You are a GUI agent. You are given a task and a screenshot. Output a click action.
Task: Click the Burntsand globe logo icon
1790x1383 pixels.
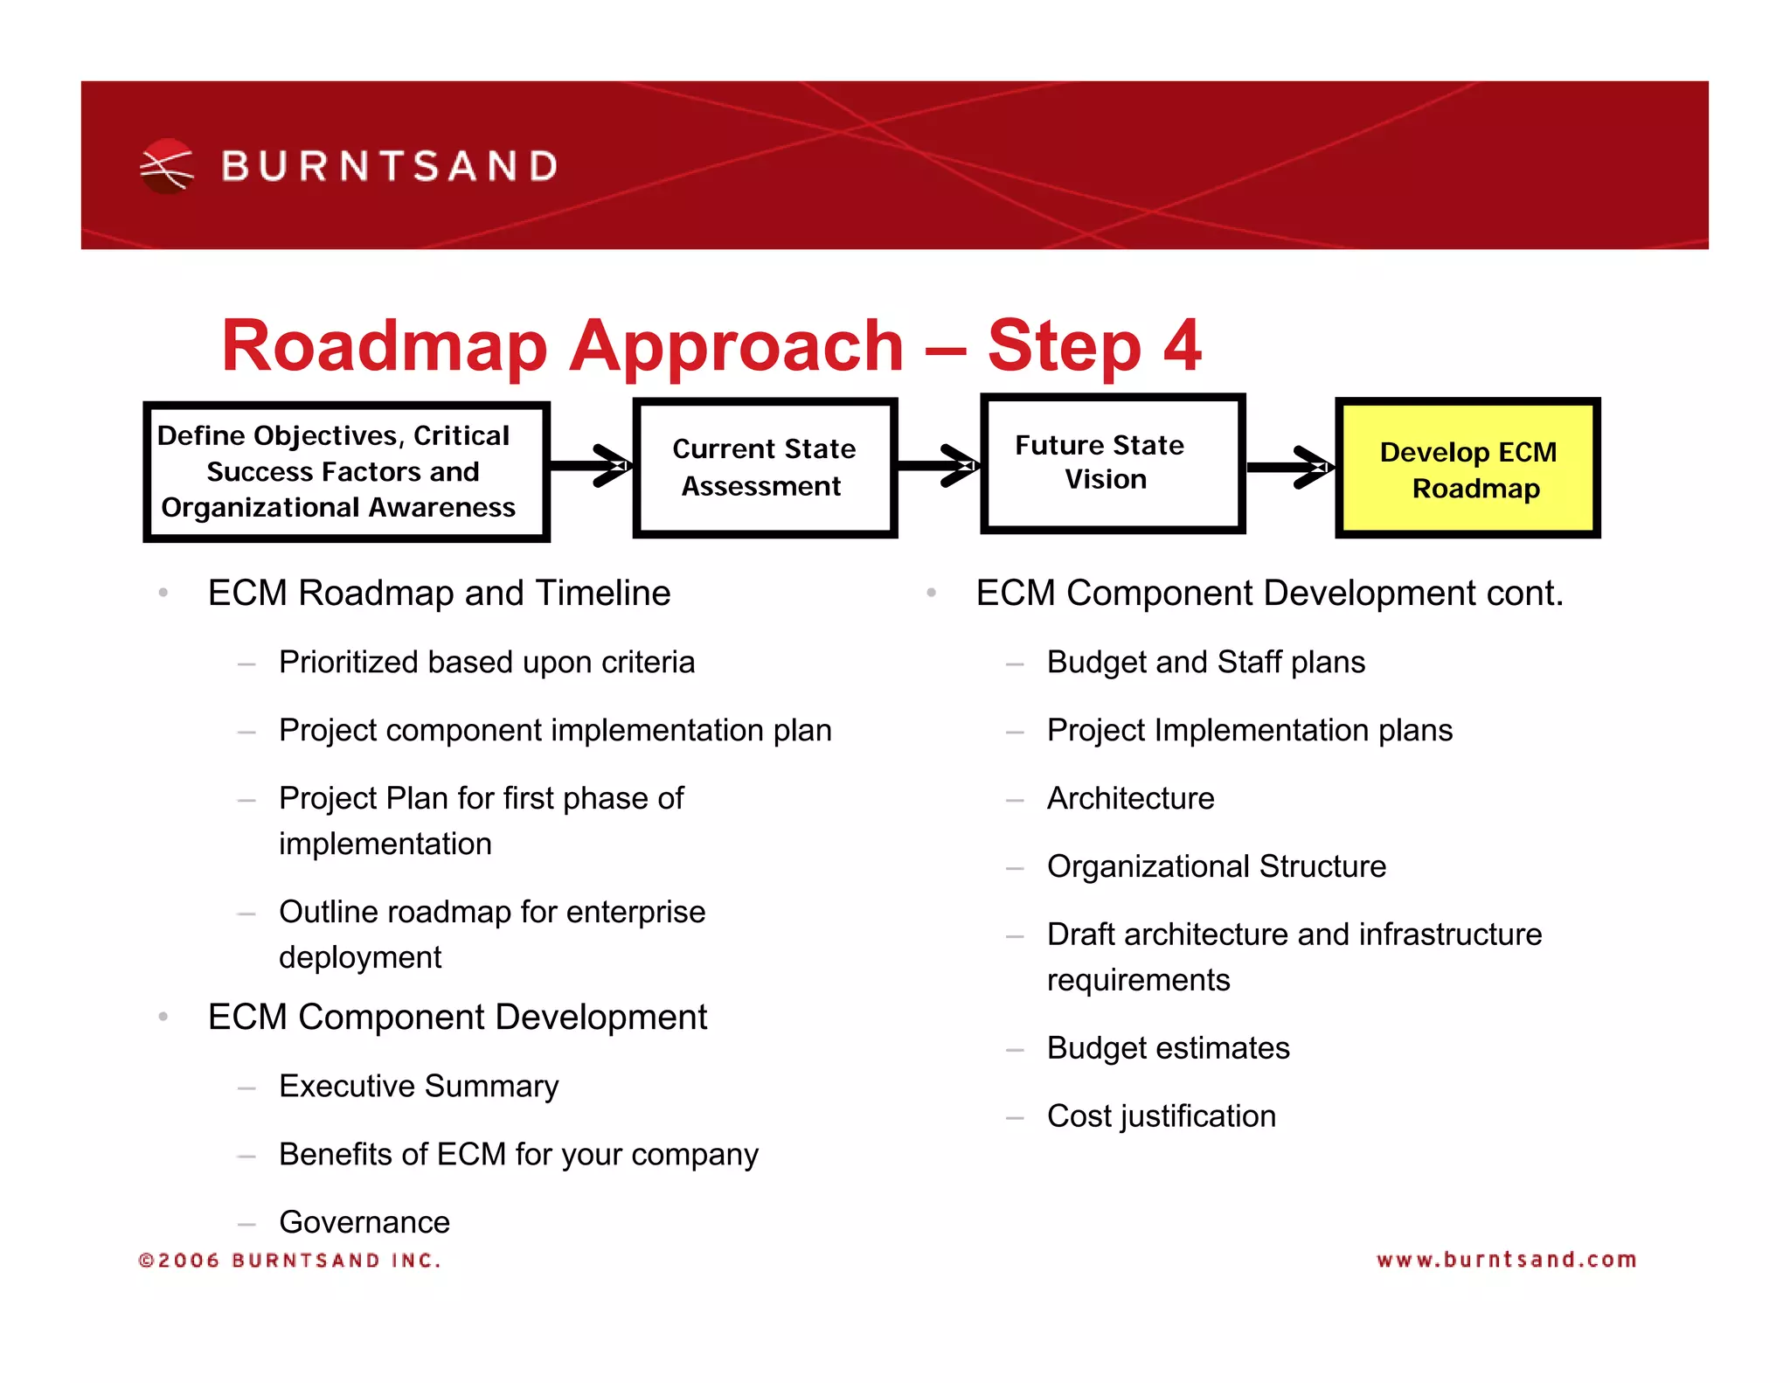point(166,165)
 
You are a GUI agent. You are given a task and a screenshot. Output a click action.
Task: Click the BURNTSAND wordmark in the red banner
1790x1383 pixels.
point(390,166)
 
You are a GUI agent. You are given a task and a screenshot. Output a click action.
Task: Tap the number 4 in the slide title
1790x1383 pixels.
point(1182,346)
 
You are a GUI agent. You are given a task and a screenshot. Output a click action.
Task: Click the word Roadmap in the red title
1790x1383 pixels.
point(384,346)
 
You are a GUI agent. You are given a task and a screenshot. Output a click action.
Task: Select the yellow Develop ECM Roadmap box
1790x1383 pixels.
point(1467,469)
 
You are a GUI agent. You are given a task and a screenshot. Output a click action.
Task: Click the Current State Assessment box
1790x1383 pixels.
point(765,468)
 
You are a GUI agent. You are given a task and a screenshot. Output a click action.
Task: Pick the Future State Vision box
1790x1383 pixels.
point(1112,463)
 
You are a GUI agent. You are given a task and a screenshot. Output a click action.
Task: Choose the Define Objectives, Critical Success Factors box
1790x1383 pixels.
point(346,472)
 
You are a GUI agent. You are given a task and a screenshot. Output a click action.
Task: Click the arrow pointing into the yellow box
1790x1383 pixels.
point(1290,468)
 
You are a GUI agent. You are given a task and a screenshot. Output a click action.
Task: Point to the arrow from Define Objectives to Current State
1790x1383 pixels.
point(591,465)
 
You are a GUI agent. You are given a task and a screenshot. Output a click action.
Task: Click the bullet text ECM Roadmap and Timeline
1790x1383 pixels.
point(439,593)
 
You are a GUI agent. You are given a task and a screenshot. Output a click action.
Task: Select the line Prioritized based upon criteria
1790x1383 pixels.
point(487,662)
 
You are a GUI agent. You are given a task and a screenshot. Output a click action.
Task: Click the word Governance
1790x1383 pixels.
point(364,1221)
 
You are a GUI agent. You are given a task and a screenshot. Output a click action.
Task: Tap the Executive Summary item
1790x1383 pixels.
point(419,1086)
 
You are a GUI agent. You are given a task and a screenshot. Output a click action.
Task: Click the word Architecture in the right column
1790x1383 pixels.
point(1130,798)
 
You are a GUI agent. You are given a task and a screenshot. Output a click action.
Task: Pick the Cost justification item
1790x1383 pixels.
point(1161,1116)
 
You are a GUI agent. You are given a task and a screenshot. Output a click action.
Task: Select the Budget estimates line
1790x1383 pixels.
point(1168,1048)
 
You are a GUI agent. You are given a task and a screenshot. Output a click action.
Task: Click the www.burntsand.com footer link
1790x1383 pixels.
point(1505,1260)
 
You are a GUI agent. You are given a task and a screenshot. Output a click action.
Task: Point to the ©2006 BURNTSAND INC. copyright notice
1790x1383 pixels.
point(290,1260)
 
